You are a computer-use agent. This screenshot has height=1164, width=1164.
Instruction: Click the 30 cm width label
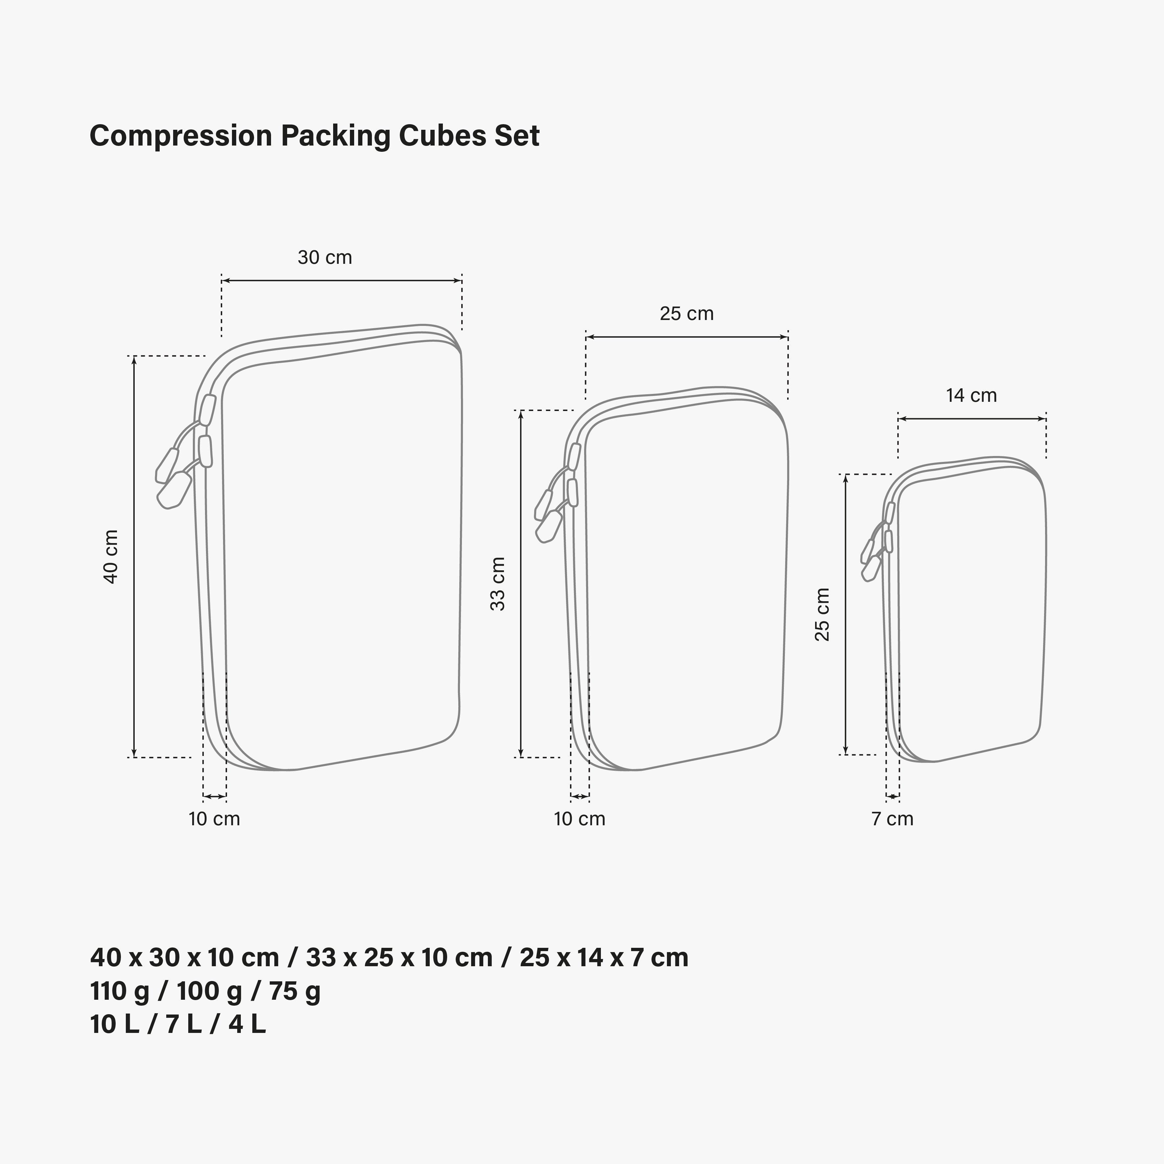pyautogui.click(x=325, y=257)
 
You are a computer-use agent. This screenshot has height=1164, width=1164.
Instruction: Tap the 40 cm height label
pyautogui.click(x=111, y=557)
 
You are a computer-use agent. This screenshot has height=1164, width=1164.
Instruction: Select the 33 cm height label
pyautogui.click(x=498, y=584)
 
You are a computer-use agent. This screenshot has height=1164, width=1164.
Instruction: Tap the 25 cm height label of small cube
pyautogui.click(x=822, y=615)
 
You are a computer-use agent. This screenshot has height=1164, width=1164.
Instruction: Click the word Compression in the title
pyautogui.click(x=181, y=136)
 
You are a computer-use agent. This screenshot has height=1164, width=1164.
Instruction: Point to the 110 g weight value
pyautogui.click(x=119, y=991)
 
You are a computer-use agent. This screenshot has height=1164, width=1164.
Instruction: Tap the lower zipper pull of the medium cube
pyautogui.click(x=548, y=526)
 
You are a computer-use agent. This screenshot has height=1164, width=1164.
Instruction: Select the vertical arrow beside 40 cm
pyautogui.click(x=134, y=557)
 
